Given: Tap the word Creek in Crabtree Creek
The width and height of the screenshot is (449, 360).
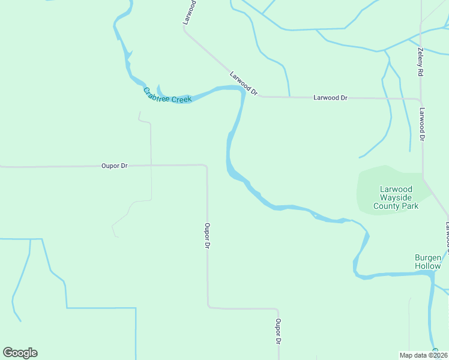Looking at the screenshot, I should coord(181,99).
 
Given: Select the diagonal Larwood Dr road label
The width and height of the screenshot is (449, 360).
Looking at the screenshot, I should coord(244,83).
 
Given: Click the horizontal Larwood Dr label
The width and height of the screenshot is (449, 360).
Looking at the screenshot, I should coord(330,97).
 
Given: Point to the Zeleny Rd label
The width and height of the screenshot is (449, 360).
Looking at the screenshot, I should coord(421,62).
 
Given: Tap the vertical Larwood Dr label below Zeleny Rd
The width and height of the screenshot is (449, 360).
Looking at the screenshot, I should coord(423,124).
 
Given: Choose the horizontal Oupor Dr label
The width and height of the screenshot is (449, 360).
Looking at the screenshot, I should coord(115,166).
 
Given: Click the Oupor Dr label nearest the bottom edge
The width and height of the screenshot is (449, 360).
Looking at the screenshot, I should coord(279,331).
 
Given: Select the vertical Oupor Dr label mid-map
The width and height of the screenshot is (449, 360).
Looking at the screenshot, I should coord(207,236).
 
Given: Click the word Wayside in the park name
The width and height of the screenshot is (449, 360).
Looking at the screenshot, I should coord(395,197).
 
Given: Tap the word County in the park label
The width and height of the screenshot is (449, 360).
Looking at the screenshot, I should coord(387,206).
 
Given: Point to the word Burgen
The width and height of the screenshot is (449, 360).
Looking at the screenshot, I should coord(428,257).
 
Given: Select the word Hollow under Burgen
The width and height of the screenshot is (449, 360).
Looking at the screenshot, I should coord(428,266).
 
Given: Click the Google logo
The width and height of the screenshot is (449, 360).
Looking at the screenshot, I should coord(20,353).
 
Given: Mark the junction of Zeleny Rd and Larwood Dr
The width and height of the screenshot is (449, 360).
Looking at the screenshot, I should coord(421,99).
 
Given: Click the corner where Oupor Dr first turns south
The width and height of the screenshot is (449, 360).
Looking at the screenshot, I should coord(206,166).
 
